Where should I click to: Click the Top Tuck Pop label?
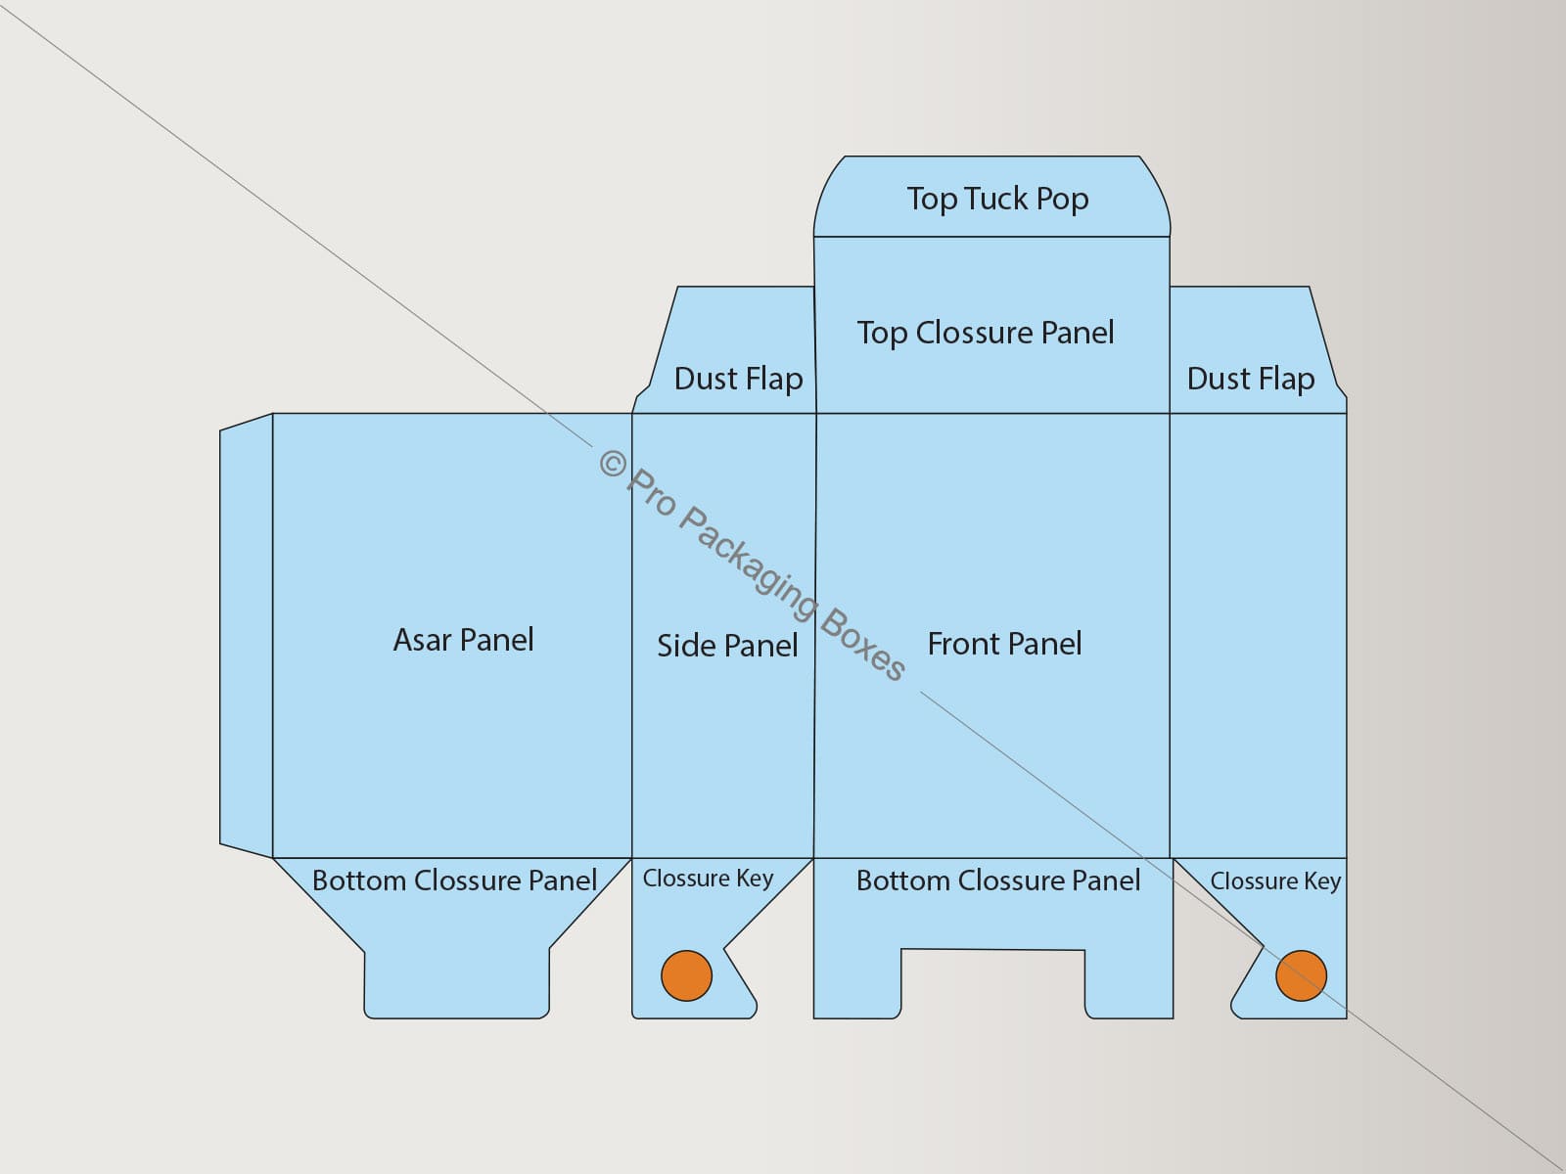point(996,199)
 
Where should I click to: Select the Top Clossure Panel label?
point(985,333)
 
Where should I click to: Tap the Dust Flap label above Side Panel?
point(738,379)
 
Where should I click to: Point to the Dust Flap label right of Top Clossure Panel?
point(1250,379)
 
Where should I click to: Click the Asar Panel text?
point(463,640)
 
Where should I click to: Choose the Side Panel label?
point(727,646)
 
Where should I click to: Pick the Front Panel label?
point(1004,644)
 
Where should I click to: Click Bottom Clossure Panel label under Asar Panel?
point(454,880)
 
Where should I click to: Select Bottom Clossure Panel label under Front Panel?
point(997,880)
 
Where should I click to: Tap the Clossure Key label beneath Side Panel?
point(708,879)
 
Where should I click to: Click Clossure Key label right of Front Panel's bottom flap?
point(1275,881)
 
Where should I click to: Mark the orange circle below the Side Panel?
point(686,975)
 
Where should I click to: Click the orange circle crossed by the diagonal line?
point(1301,975)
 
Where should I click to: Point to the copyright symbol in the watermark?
point(613,465)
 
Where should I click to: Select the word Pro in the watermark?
point(652,494)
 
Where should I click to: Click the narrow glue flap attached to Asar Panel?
point(246,636)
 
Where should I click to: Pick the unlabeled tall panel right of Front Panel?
point(1258,636)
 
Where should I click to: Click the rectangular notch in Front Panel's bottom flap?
point(992,984)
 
